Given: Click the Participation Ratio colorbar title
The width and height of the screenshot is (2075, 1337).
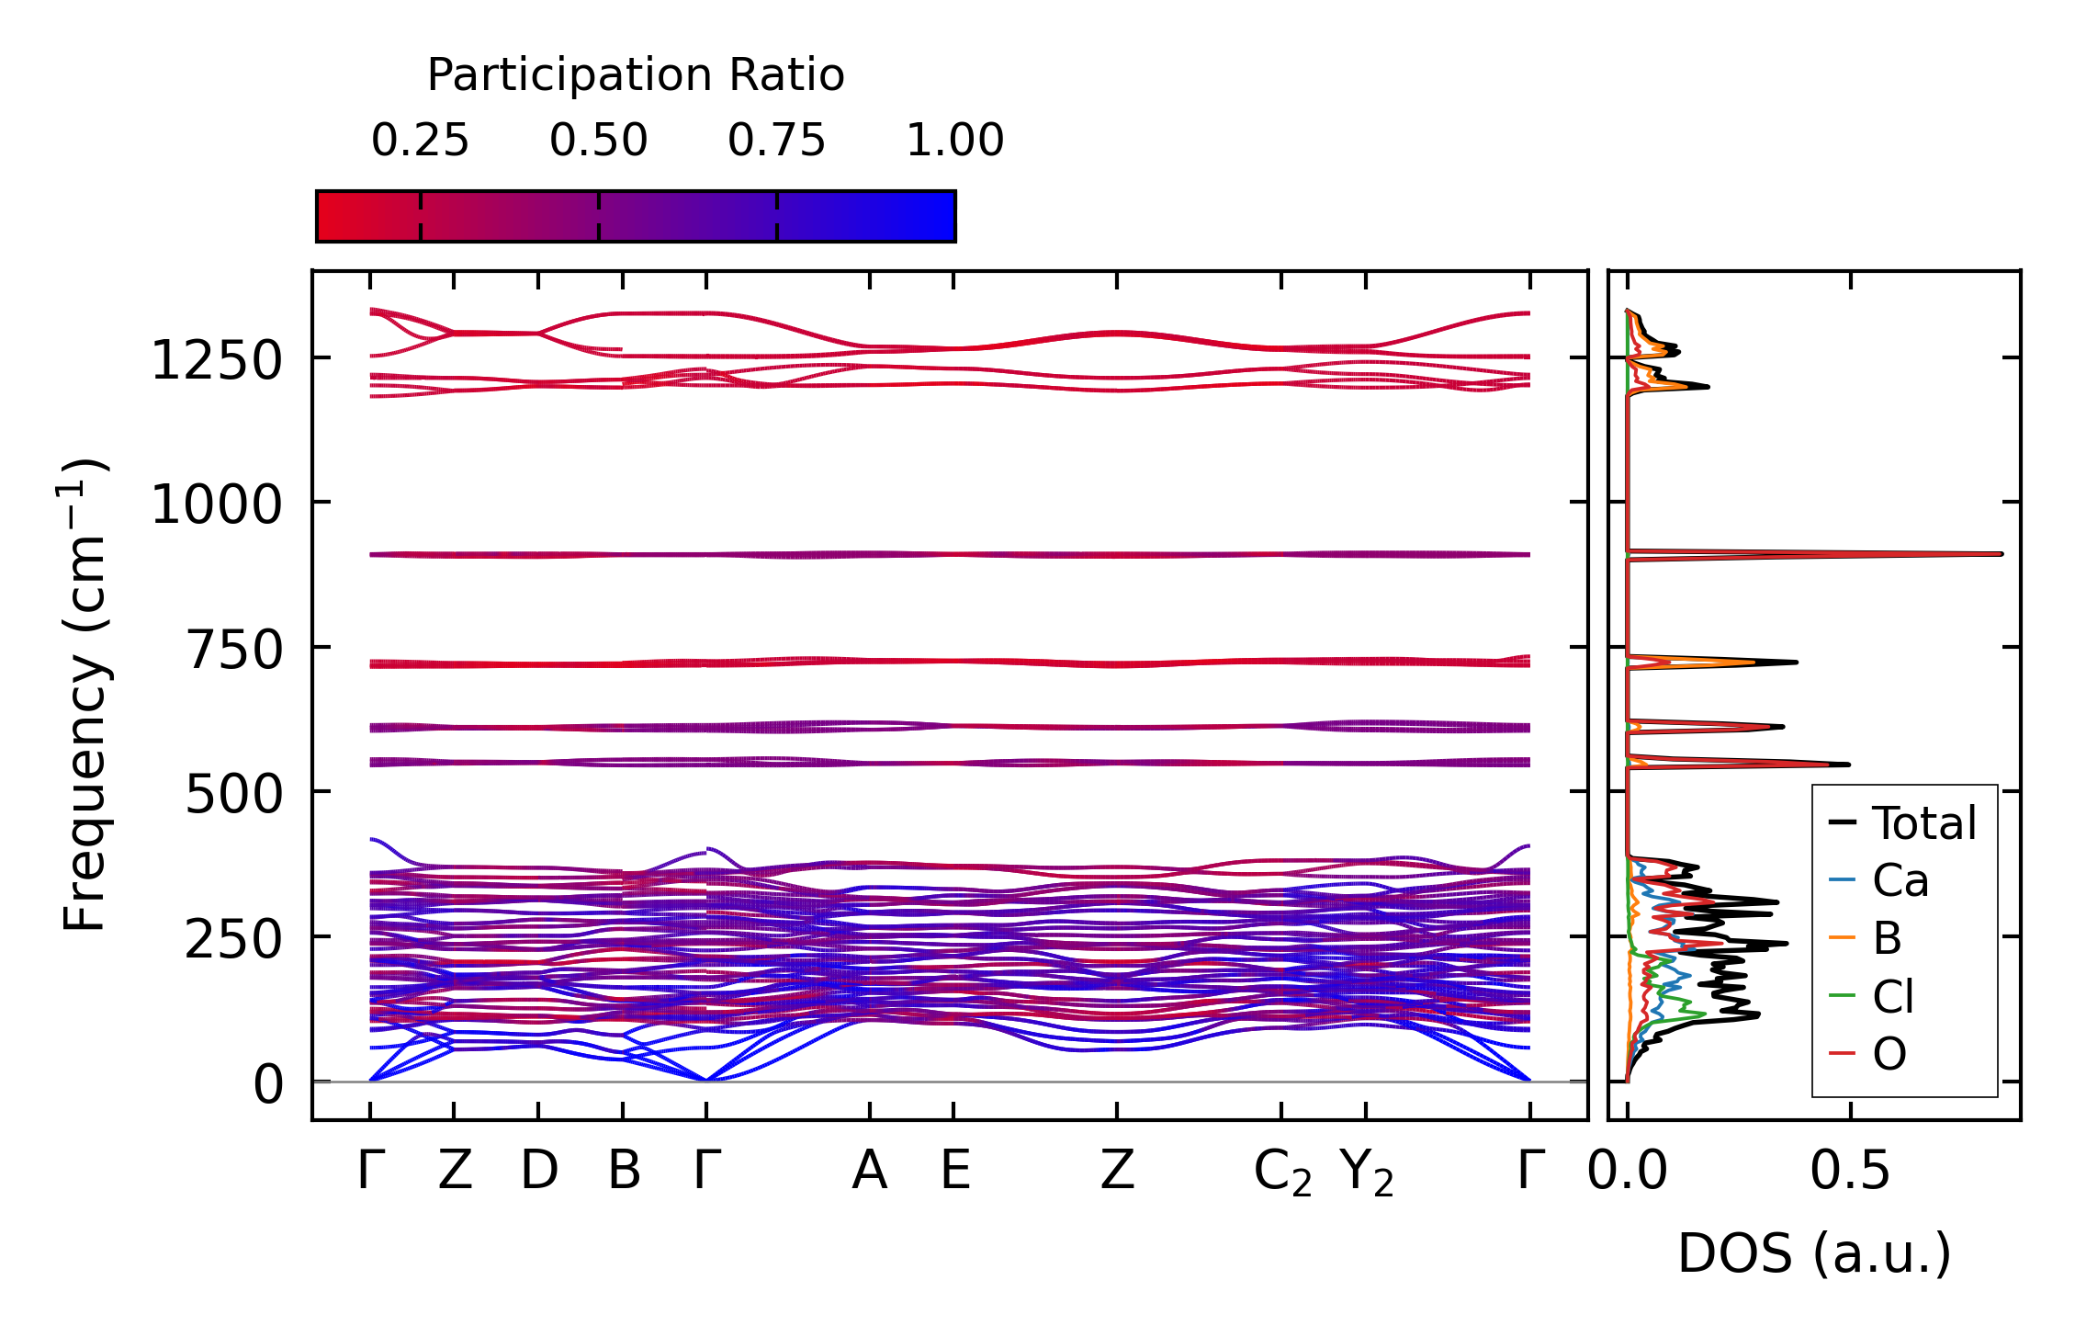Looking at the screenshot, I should point(635,75).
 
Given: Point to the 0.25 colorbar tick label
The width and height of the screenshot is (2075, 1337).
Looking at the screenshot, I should point(420,141).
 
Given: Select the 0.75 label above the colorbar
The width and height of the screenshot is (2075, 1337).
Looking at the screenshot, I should point(776,141).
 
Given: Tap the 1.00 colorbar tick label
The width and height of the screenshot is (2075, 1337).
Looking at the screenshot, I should point(954,141).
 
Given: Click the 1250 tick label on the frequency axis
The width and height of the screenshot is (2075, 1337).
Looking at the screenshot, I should point(217,360).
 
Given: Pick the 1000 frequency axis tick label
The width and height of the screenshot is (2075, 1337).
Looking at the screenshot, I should point(217,504).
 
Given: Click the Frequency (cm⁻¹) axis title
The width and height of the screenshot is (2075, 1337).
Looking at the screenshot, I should point(85,696).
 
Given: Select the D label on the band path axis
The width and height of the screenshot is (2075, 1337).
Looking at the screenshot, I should point(538,1171).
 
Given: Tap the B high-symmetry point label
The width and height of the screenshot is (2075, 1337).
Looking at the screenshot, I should point(624,1171).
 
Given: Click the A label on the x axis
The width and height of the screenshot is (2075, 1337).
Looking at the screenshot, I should point(869,1171).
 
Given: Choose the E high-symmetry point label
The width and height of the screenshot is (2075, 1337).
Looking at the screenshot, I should point(954,1171).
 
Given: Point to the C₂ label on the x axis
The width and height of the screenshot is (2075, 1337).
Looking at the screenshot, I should point(1282,1173).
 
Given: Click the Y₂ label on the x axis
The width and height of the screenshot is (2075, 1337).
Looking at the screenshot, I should point(1366,1173).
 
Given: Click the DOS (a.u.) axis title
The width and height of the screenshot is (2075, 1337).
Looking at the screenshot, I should point(1814,1253).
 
